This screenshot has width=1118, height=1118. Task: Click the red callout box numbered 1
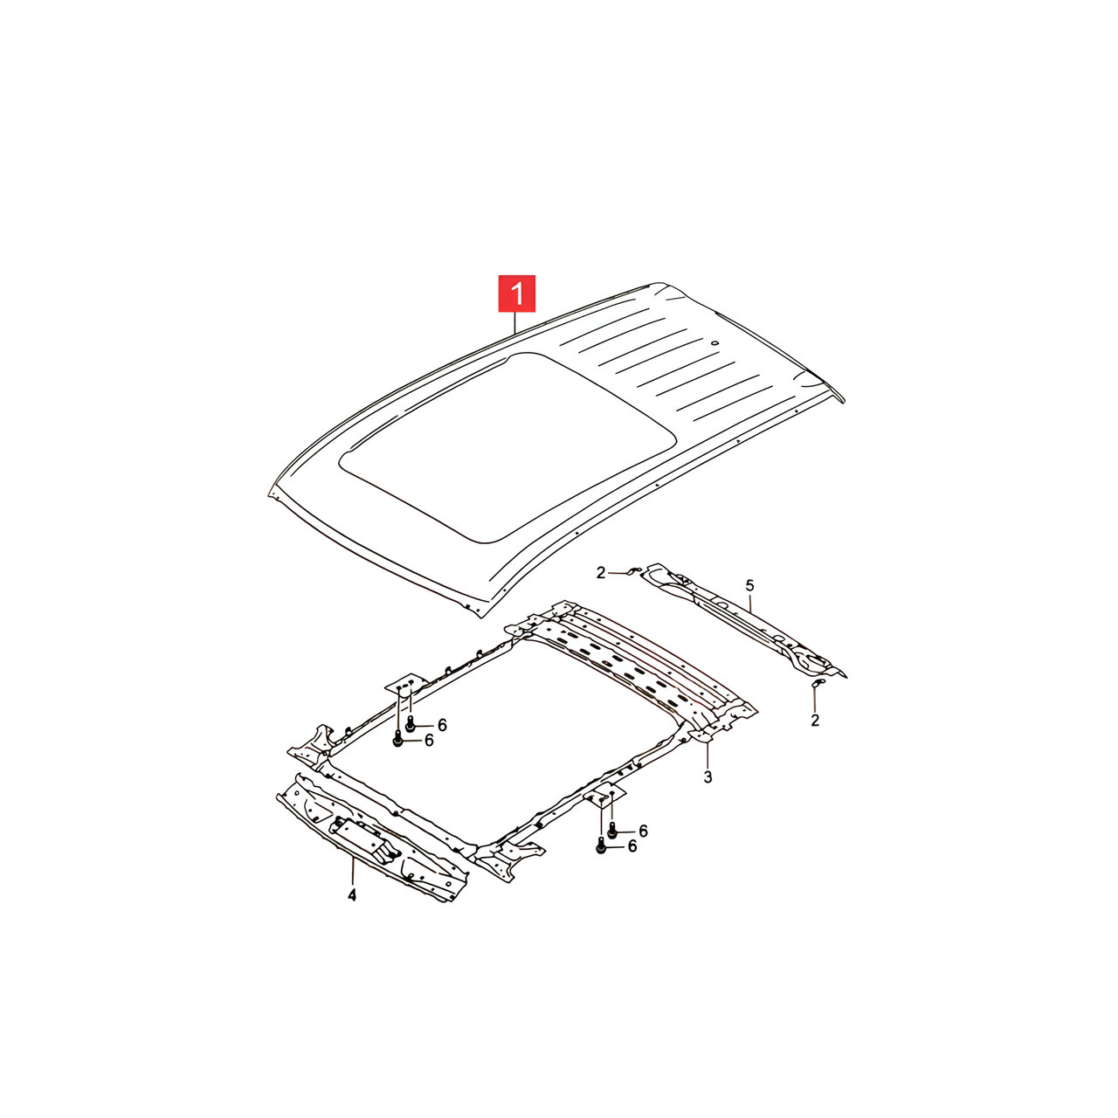coord(516,293)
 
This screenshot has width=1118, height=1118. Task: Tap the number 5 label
coord(749,585)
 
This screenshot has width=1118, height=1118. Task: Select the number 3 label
coord(707,776)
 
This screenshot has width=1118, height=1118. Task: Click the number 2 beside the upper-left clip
coord(600,573)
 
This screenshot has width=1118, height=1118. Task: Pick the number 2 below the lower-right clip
coord(815,721)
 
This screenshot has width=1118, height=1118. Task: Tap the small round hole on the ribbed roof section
coord(715,342)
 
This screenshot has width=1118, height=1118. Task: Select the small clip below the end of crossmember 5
coord(817,684)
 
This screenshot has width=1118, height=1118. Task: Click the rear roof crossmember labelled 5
coord(746,619)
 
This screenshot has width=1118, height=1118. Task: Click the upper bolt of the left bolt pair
coord(411,723)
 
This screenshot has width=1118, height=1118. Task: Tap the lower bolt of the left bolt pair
coord(397,739)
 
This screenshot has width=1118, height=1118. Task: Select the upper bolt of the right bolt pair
coord(611,832)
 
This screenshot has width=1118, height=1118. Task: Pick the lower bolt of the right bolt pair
coord(600,847)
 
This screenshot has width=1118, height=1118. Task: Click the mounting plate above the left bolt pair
coord(407,684)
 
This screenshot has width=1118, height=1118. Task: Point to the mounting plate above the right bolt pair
coord(604,796)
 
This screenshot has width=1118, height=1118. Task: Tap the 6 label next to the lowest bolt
coord(631,846)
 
